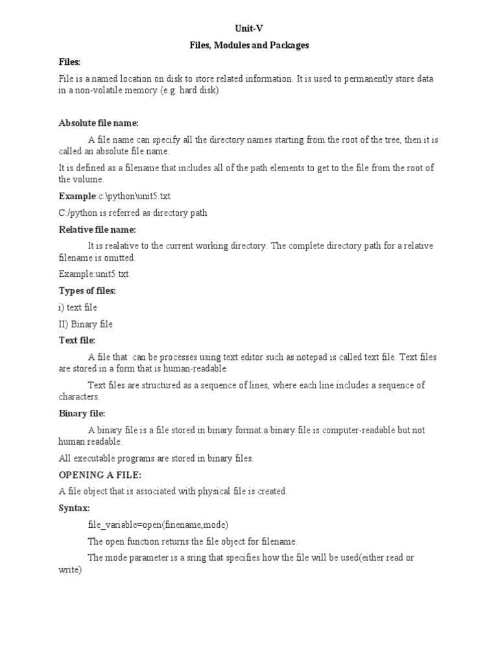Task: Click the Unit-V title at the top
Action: tap(249, 29)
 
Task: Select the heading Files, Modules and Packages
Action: tap(249, 45)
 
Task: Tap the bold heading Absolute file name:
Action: tap(99, 123)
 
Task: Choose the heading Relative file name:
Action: tap(97, 230)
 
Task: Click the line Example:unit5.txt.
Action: tap(95, 274)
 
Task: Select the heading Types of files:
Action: tap(87, 290)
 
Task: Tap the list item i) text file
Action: tap(78, 307)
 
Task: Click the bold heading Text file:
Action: tap(77, 340)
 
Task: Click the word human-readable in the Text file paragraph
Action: tap(198, 368)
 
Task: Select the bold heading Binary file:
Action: tap(82, 413)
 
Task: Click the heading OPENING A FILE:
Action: tap(100, 475)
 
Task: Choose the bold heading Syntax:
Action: tap(75, 508)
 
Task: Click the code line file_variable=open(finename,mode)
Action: tap(159, 524)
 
